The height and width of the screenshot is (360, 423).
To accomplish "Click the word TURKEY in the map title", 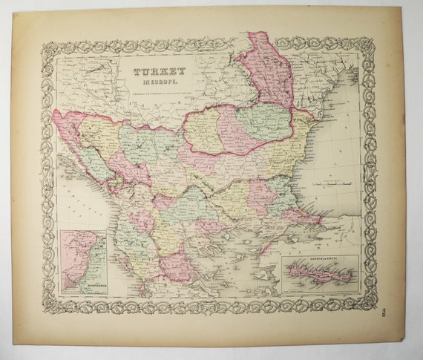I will coord(160,73).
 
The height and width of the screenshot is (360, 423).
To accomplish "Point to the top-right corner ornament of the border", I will coord(366,45).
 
